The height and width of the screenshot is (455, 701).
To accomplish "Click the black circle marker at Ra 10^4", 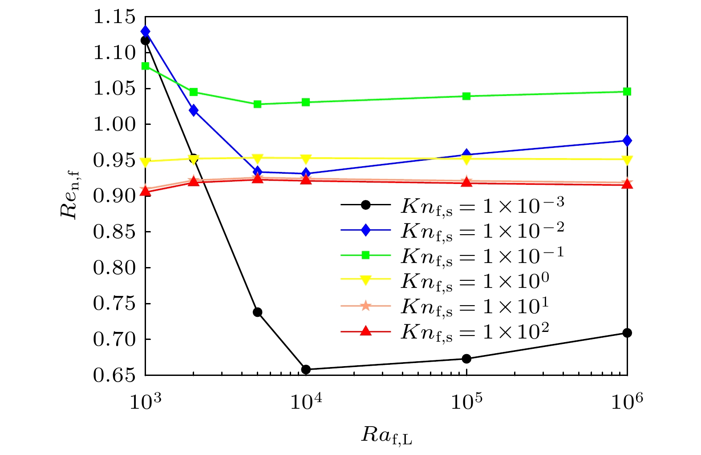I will point(306,369).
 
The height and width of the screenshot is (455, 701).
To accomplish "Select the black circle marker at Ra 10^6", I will point(627,333).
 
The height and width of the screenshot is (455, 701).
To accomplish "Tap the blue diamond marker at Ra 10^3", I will point(145,32).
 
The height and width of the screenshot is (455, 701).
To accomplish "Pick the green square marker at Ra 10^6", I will point(627,92).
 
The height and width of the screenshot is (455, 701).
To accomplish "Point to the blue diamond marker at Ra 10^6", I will point(627,140).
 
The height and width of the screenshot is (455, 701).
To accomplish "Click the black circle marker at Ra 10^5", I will point(466,359).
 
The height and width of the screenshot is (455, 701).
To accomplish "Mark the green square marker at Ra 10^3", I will point(145,66).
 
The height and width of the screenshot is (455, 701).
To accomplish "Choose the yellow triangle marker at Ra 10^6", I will point(627,160).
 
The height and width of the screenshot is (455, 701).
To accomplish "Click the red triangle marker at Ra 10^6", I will point(627,184).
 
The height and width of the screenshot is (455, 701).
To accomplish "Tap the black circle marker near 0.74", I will point(257,312).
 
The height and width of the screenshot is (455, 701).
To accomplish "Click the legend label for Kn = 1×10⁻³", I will point(482,205).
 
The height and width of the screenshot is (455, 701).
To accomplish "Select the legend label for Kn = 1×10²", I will point(474,331).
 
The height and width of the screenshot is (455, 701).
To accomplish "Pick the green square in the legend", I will point(365,255).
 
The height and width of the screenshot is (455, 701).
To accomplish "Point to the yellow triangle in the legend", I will point(365,280).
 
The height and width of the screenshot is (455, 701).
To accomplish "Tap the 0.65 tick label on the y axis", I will point(114,375).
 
